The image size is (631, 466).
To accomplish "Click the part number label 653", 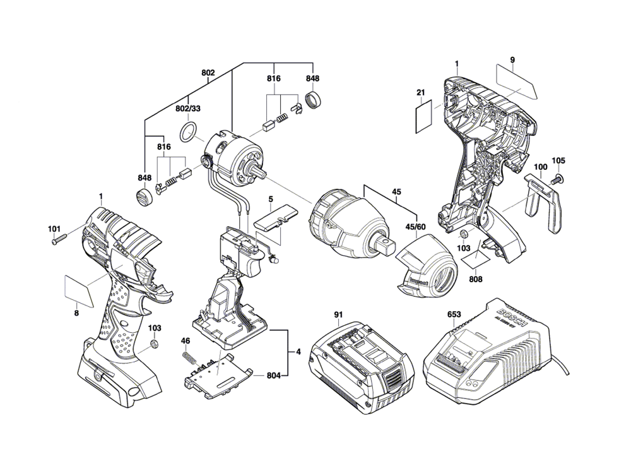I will tap(454, 314).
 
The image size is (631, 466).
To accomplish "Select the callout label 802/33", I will tap(187, 109).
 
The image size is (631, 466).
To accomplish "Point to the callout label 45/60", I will tap(415, 227).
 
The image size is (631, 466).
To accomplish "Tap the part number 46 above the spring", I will tap(185, 342).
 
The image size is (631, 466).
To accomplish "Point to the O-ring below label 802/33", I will tap(187, 134).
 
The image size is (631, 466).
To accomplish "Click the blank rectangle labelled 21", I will tap(423, 117).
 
